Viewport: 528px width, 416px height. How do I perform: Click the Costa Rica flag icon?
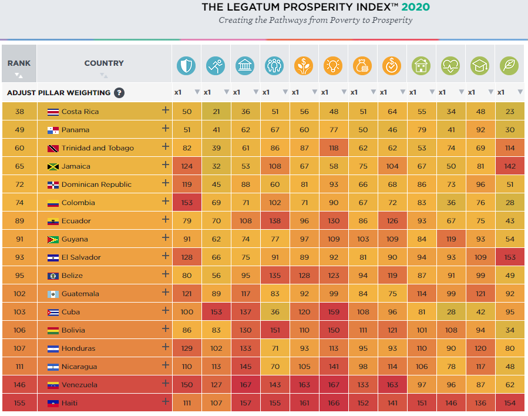coord(53,112)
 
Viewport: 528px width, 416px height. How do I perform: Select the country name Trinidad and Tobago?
coord(97,148)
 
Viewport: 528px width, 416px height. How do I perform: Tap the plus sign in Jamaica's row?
coord(165,166)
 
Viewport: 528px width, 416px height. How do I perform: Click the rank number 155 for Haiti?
coord(19,403)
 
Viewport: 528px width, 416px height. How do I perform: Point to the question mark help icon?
coord(119,92)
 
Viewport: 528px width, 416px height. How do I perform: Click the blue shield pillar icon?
coord(186,65)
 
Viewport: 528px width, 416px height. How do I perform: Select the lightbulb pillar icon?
coord(333,65)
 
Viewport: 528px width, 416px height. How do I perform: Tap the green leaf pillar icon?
coord(509,65)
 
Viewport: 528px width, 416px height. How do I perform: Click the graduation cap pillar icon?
coord(480,65)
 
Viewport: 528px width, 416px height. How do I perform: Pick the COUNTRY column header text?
coord(104,63)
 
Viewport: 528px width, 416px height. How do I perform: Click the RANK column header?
coord(19,63)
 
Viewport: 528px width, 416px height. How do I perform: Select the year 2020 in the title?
coord(416,7)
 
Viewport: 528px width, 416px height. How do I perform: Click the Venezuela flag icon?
coord(53,385)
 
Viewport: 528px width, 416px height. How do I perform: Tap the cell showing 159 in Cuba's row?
coord(334,312)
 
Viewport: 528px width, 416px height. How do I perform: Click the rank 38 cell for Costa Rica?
coord(19,112)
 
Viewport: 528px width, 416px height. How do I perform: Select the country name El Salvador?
coord(81,257)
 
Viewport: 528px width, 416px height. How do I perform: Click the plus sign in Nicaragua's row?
coord(165,367)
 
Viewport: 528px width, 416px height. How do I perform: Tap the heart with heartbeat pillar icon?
coord(450,65)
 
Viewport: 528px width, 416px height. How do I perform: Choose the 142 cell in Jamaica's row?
coord(510,166)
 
